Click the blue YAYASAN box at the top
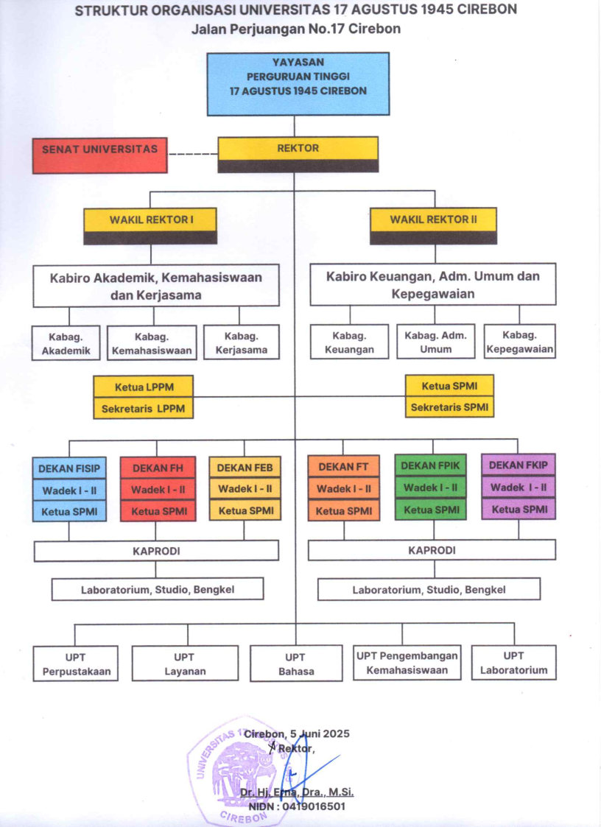[x=298, y=83]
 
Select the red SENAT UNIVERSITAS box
[x=99, y=155]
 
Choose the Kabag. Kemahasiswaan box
[x=152, y=344]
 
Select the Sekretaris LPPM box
[x=144, y=408]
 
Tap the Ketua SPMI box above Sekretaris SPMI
[x=449, y=386]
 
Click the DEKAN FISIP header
[x=69, y=468]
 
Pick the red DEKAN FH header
[x=158, y=468]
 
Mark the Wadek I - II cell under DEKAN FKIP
[x=519, y=488]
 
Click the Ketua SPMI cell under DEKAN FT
[x=343, y=510]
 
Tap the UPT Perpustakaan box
[x=76, y=664]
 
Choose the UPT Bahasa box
[x=296, y=664]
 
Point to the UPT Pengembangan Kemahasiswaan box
[x=407, y=663]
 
